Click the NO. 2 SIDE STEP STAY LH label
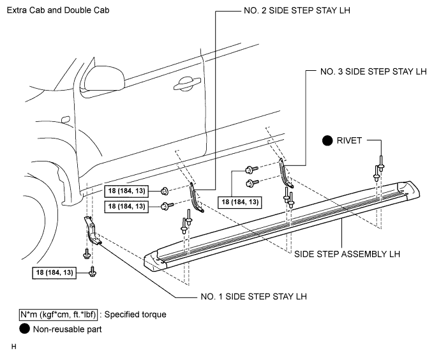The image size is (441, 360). point(297,10)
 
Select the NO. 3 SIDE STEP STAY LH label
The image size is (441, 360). point(373,71)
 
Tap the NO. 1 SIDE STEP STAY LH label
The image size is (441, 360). point(254,296)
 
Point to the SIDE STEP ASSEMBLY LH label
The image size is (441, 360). point(347,254)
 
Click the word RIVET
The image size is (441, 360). point(349,140)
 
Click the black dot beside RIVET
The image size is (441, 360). point(327,140)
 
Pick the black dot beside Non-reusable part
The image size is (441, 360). point(24,329)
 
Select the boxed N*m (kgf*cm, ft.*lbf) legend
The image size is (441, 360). point(59,315)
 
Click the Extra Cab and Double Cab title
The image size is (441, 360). point(58,10)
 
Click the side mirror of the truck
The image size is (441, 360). point(103,78)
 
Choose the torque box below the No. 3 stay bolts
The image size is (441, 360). point(240,202)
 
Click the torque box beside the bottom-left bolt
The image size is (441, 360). point(54,273)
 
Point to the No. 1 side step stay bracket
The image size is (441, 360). point(92,230)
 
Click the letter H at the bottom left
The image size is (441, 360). point(14,347)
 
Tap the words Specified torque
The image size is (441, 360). point(135,315)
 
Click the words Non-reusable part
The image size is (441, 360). point(68,329)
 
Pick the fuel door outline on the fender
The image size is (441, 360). point(66,119)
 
